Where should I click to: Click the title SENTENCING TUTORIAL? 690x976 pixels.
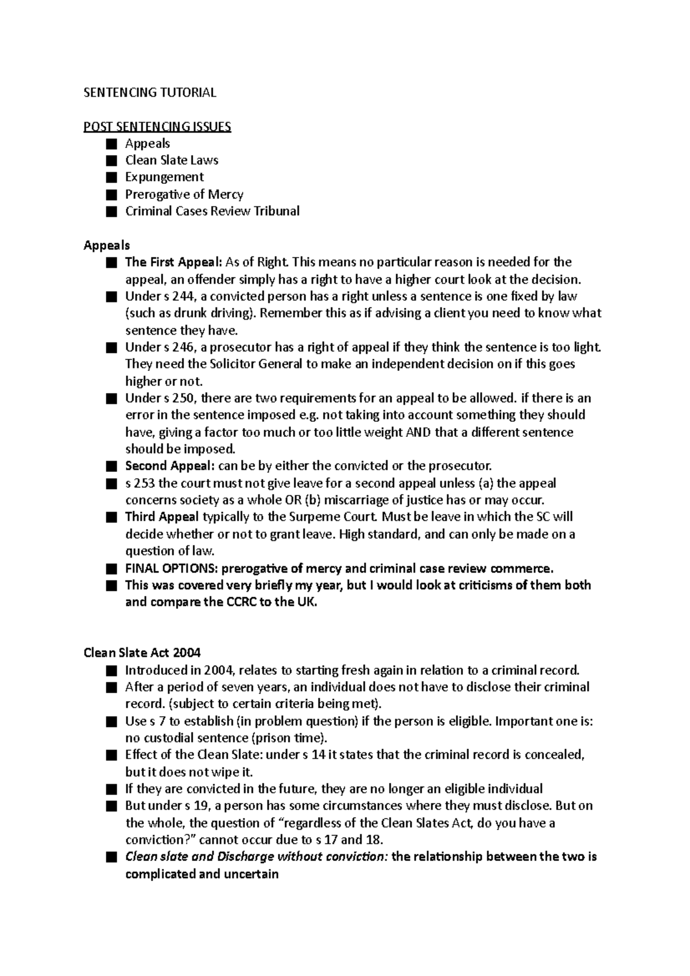(x=149, y=93)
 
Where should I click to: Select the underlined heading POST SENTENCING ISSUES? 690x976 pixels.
(x=157, y=126)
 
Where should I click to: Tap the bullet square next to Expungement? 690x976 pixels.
(x=111, y=177)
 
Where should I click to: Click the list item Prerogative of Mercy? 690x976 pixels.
(x=184, y=194)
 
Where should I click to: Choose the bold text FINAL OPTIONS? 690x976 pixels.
(x=171, y=568)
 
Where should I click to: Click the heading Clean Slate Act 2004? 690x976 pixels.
(x=142, y=653)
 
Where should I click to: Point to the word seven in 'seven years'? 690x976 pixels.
(x=237, y=687)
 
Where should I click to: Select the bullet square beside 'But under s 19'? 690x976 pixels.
(x=111, y=806)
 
